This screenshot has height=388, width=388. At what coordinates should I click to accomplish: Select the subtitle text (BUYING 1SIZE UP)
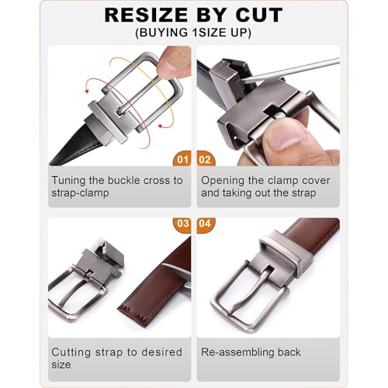click(194, 33)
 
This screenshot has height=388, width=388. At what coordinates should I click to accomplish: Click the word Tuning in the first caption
click(69, 180)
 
